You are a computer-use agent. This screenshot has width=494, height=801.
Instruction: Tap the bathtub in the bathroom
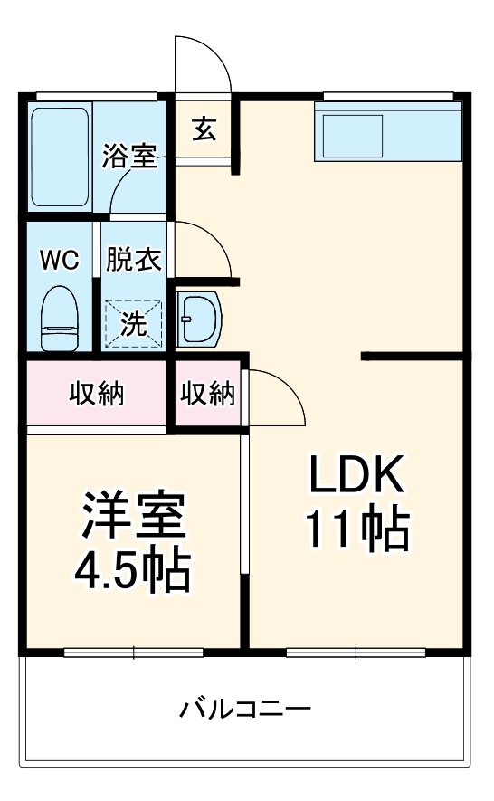click(60, 157)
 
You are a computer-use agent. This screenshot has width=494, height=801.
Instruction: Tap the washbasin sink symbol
click(198, 318)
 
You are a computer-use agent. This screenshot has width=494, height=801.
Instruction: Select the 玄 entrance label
click(204, 129)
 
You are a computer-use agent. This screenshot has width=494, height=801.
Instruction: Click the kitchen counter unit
click(388, 132)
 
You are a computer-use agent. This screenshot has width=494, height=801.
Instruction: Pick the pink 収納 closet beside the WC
click(98, 394)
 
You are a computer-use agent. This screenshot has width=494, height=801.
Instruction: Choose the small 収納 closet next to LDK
click(208, 394)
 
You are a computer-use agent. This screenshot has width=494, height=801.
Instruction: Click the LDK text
click(356, 474)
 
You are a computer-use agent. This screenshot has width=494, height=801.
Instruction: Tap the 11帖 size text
click(356, 529)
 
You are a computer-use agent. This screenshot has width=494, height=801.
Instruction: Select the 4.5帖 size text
click(133, 570)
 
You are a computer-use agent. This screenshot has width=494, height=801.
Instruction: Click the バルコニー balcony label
click(244, 708)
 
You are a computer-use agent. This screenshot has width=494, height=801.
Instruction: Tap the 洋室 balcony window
click(134, 651)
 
